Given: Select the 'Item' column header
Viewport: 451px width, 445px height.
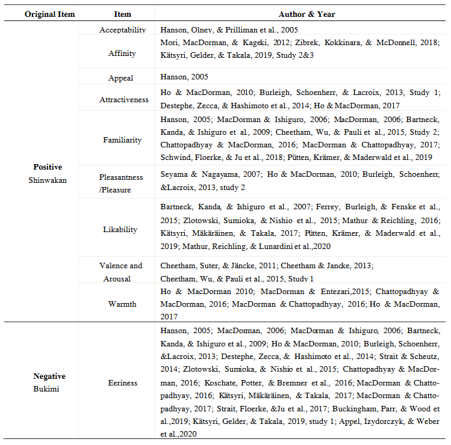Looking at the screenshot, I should pos(122,14).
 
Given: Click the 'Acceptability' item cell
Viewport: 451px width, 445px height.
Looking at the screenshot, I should pos(122,29).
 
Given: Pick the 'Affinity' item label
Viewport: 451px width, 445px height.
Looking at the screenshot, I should pos(122,54).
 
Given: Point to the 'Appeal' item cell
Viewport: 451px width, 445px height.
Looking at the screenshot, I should pos(121,78).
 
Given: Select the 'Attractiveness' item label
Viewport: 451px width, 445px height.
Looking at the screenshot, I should pos(123,100).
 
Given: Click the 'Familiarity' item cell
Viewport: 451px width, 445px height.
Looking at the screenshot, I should pos(123,140).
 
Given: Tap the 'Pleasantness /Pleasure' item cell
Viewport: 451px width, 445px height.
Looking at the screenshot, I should pos(123,183).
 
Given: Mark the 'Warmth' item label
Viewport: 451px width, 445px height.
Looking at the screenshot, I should pos(122,304).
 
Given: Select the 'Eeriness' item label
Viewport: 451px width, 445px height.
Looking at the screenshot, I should pos(123,382).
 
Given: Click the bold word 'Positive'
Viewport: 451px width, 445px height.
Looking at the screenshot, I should pos(48,167).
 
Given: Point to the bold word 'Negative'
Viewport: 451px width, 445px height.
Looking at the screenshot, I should pos(49,376).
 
